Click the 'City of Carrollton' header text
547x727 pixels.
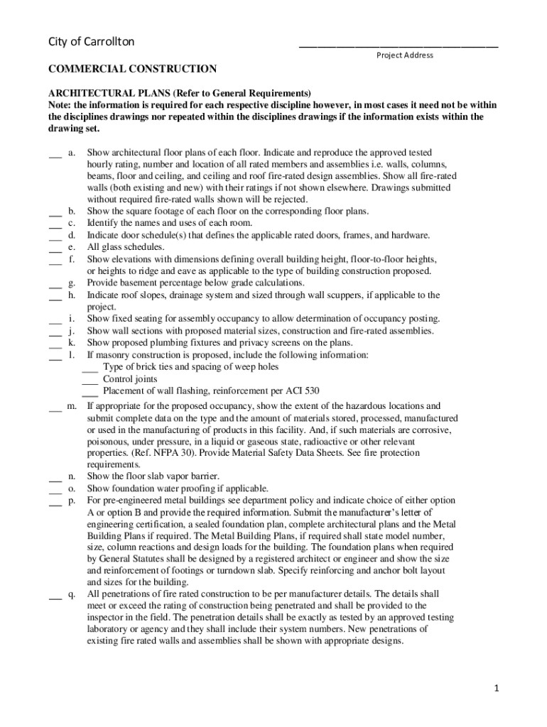tap(91, 43)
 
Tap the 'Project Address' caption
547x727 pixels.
tap(404, 55)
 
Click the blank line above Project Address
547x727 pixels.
tap(398, 46)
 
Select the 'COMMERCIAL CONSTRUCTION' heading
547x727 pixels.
tap(132, 70)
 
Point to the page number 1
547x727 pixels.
tap(499, 689)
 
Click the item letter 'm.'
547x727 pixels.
tap(72, 407)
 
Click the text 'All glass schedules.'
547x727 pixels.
tap(126, 247)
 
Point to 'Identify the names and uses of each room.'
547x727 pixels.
tap(170, 223)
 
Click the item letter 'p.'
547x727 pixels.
tap(72, 501)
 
